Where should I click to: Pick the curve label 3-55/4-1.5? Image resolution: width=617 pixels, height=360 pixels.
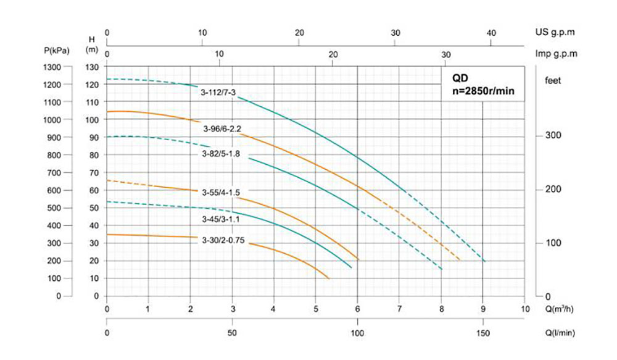point(221,193)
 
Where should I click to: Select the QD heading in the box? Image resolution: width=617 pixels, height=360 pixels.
point(460,78)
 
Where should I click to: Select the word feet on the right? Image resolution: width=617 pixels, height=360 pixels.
point(553,80)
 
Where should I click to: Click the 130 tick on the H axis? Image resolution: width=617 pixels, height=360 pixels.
point(92,67)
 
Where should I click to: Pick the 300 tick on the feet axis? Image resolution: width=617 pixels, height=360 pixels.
point(553,136)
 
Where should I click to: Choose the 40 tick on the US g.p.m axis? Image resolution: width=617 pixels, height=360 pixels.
point(492,32)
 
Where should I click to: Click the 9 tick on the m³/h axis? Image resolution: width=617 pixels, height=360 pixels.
point(483,308)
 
